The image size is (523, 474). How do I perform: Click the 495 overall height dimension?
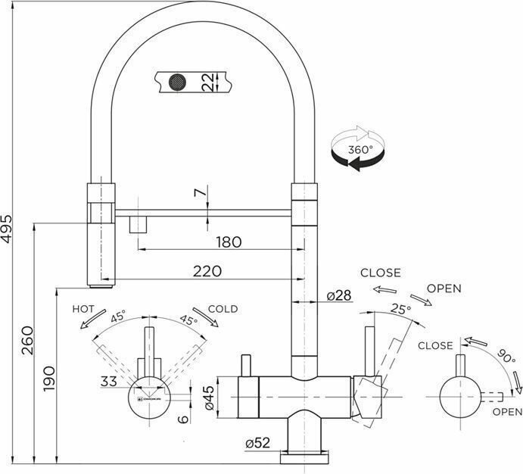pos(8,225)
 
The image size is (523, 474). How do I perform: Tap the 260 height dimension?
pos(27,335)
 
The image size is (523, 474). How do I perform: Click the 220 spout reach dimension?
pos(206,270)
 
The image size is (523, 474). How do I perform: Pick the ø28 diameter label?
pos(338,295)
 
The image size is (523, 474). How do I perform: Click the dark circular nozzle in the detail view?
pos(178,80)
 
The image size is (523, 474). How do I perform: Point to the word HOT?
pos(83,309)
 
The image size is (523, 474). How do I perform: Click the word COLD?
pos(223,308)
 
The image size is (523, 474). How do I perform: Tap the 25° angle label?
pos(400,309)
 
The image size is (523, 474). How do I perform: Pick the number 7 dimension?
pos(200,194)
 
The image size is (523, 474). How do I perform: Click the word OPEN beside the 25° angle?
pos(444,288)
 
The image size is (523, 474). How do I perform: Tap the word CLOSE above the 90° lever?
pos(435,345)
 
